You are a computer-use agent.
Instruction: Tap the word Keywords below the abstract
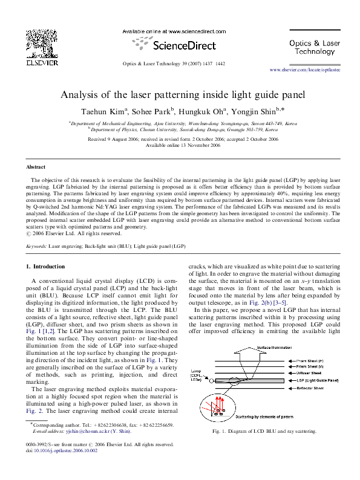[x=37, y=247]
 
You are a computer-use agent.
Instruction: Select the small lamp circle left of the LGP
[x=212, y=381]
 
